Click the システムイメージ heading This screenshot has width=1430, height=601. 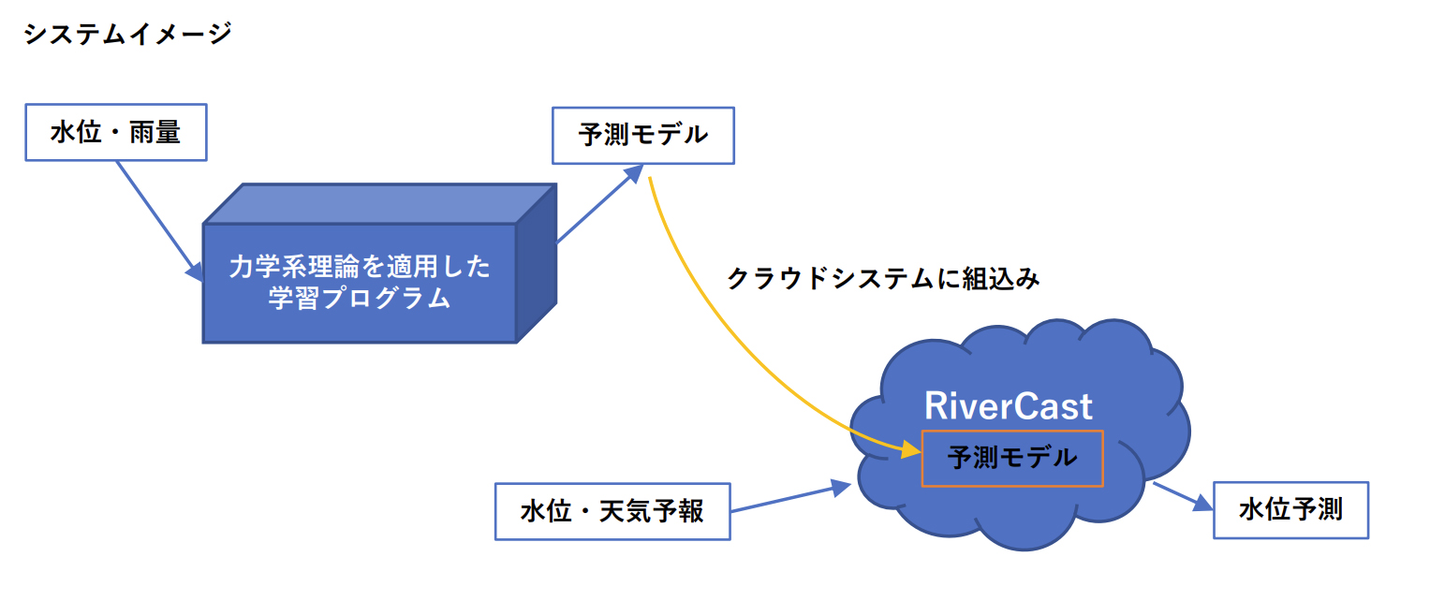tap(126, 35)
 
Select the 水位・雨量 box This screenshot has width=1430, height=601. tap(115, 132)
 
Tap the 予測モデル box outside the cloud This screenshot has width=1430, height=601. tap(642, 136)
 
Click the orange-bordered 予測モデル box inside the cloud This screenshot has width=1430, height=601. tap(1012, 459)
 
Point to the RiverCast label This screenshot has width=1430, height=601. tap(1009, 406)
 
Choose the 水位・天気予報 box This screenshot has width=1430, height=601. tap(612, 512)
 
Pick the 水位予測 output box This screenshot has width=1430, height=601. tap(1290, 510)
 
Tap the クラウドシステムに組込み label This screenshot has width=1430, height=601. tap(883, 279)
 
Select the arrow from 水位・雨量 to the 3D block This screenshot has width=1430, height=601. tap(156, 216)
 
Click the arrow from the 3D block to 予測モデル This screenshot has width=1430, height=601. tap(599, 206)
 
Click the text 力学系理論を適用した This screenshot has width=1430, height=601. tap(360, 268)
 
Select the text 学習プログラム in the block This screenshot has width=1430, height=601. tap(360, 299)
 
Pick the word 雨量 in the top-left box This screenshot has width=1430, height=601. tap(155, 132)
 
